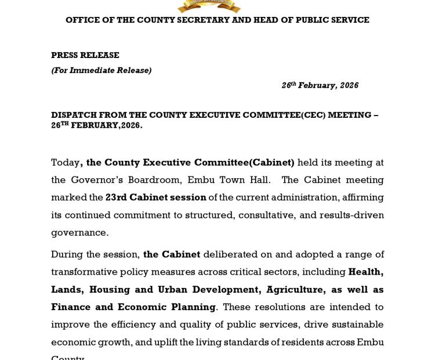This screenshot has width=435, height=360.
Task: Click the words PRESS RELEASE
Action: coord(85,55)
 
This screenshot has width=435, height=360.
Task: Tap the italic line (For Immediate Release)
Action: coord(101,70)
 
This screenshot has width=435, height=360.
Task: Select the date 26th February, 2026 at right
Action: coord(320,85)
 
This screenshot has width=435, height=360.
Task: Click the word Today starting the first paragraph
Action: coord(66,163)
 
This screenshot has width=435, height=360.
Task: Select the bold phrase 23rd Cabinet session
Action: coord(156,197)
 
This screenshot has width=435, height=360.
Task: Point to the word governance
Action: coord(79,233)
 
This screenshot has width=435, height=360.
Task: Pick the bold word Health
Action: coord(365,272)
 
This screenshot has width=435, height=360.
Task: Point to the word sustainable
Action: coord(354,324)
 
